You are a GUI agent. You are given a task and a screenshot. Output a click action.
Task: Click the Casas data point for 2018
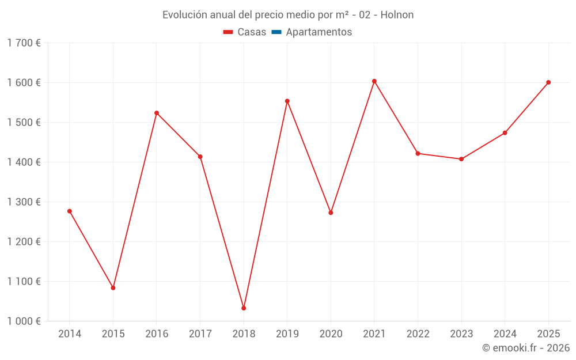point(244,308)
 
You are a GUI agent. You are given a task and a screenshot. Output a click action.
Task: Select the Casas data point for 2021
point(374,81)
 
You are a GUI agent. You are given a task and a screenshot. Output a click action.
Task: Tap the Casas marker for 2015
point(113,287)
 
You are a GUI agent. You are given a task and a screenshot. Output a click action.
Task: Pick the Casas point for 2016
point(157,113)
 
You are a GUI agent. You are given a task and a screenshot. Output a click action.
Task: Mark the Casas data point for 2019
point(287,101)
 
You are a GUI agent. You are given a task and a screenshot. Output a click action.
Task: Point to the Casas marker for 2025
point(548,82)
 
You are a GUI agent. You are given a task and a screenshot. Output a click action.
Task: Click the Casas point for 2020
point(331,213)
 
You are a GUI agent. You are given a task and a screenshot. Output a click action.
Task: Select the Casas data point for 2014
point(70,211)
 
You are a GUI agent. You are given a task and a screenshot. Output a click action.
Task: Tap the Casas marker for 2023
point(461,159)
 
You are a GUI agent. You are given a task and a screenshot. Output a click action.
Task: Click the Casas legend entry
point(245,32)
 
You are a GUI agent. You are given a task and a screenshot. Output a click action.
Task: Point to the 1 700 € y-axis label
point(24,43)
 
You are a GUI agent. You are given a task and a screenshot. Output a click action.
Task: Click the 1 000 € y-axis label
point(24,321)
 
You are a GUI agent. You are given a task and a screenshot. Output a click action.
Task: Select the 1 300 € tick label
point(24,202)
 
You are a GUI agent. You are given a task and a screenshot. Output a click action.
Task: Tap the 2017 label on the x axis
point(200,334)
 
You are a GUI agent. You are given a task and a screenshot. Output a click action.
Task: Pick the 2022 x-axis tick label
point(418,334)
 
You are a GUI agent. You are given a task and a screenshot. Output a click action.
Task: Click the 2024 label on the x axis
point(505,334)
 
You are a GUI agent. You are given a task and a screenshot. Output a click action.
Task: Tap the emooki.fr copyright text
point(526,348)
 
